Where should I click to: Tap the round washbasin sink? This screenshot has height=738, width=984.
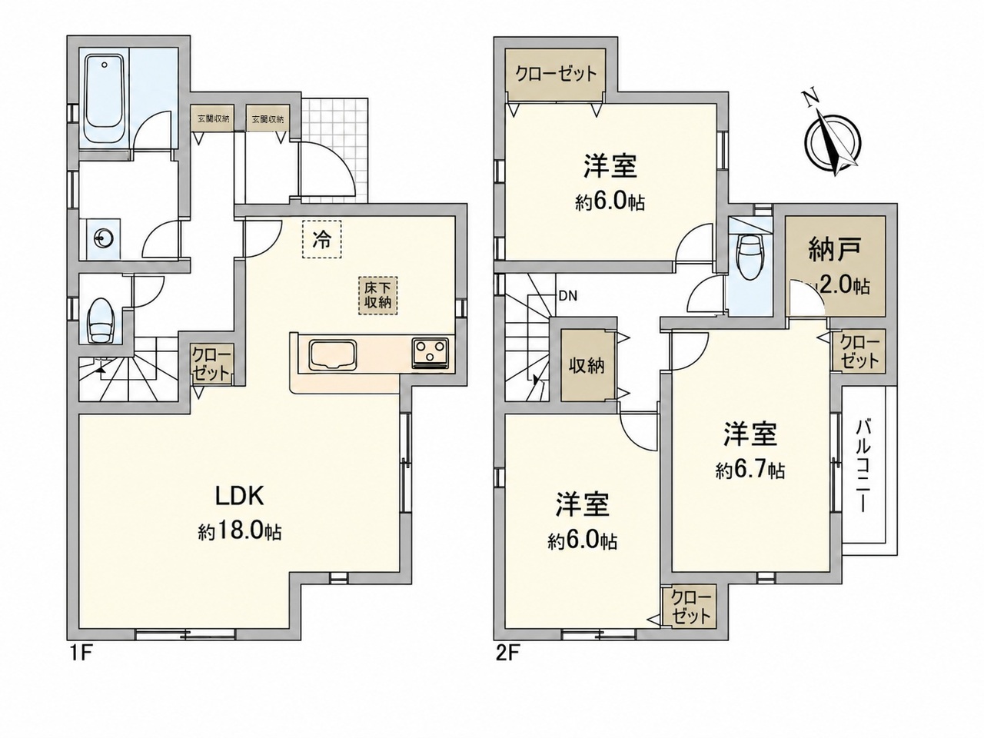(x=103, y=238)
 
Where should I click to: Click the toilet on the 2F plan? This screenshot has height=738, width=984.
(x=748, y=258)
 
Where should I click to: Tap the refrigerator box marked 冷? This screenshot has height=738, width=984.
(x=321, y=239)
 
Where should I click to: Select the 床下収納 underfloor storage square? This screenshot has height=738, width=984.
(x=377, y=295)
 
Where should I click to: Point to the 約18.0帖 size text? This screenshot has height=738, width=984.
(x=241, y=531)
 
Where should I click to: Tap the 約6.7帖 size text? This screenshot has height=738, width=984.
(x=750, y=471)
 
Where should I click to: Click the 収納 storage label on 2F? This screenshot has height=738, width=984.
(x=587, y=367)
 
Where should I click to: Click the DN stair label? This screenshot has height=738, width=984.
(x=567, y=296)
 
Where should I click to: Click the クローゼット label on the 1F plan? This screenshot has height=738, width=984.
(x=212, y=364)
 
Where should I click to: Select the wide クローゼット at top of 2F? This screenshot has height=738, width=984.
(x=556, y=75)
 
